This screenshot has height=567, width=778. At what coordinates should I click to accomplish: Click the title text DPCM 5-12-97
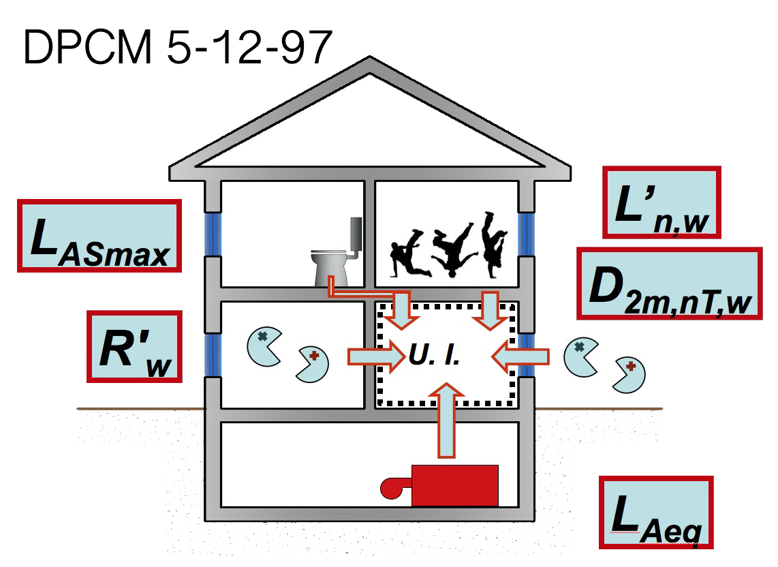(177, 46)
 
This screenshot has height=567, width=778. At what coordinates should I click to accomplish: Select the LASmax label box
(99, 236)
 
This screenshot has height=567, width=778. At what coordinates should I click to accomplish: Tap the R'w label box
(135, 347)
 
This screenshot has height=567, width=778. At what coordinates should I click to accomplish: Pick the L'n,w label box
(662, 202)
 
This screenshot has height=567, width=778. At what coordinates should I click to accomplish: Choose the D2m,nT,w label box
(669, 283)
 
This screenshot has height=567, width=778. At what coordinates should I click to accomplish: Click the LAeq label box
(656, 512)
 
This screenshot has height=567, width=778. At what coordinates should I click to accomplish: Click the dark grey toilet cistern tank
(356, 234)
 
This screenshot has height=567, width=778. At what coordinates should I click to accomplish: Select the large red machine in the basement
(454, 485)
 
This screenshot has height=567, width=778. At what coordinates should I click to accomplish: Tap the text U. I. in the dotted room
(433, 355)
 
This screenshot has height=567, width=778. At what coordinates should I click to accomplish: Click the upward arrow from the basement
(447, 419)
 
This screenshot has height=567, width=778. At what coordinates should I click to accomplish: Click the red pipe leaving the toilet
(361, 293)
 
